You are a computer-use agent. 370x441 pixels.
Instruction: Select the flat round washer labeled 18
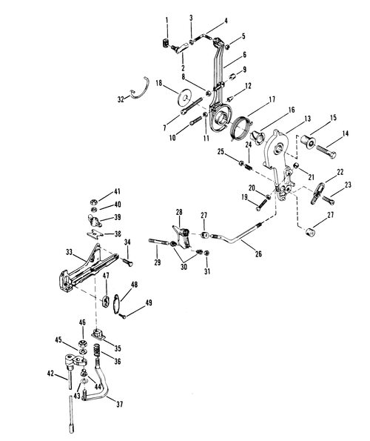[185, 97]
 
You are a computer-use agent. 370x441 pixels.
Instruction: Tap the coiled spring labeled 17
[240, 127]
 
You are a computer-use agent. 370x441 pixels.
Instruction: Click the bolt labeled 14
[326, 151]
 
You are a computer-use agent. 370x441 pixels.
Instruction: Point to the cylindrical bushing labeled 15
[308, 142]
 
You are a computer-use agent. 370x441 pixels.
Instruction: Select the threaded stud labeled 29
[158, 242]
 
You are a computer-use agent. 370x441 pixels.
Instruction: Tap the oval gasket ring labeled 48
[117, 303]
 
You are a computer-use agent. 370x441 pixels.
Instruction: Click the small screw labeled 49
[123, 316]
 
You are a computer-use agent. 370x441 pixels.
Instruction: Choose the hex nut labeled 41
[93, 202]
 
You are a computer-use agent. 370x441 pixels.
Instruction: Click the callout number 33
[69, 252]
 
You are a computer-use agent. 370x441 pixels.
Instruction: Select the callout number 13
[308, 119]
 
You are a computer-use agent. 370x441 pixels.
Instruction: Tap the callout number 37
[120, 404]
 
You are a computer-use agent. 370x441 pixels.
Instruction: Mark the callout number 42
[50, 374]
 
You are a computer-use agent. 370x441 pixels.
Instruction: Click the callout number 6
[244, 55]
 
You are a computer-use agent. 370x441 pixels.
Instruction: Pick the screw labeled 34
[127, 262]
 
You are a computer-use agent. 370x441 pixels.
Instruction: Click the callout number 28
[179, 212]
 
